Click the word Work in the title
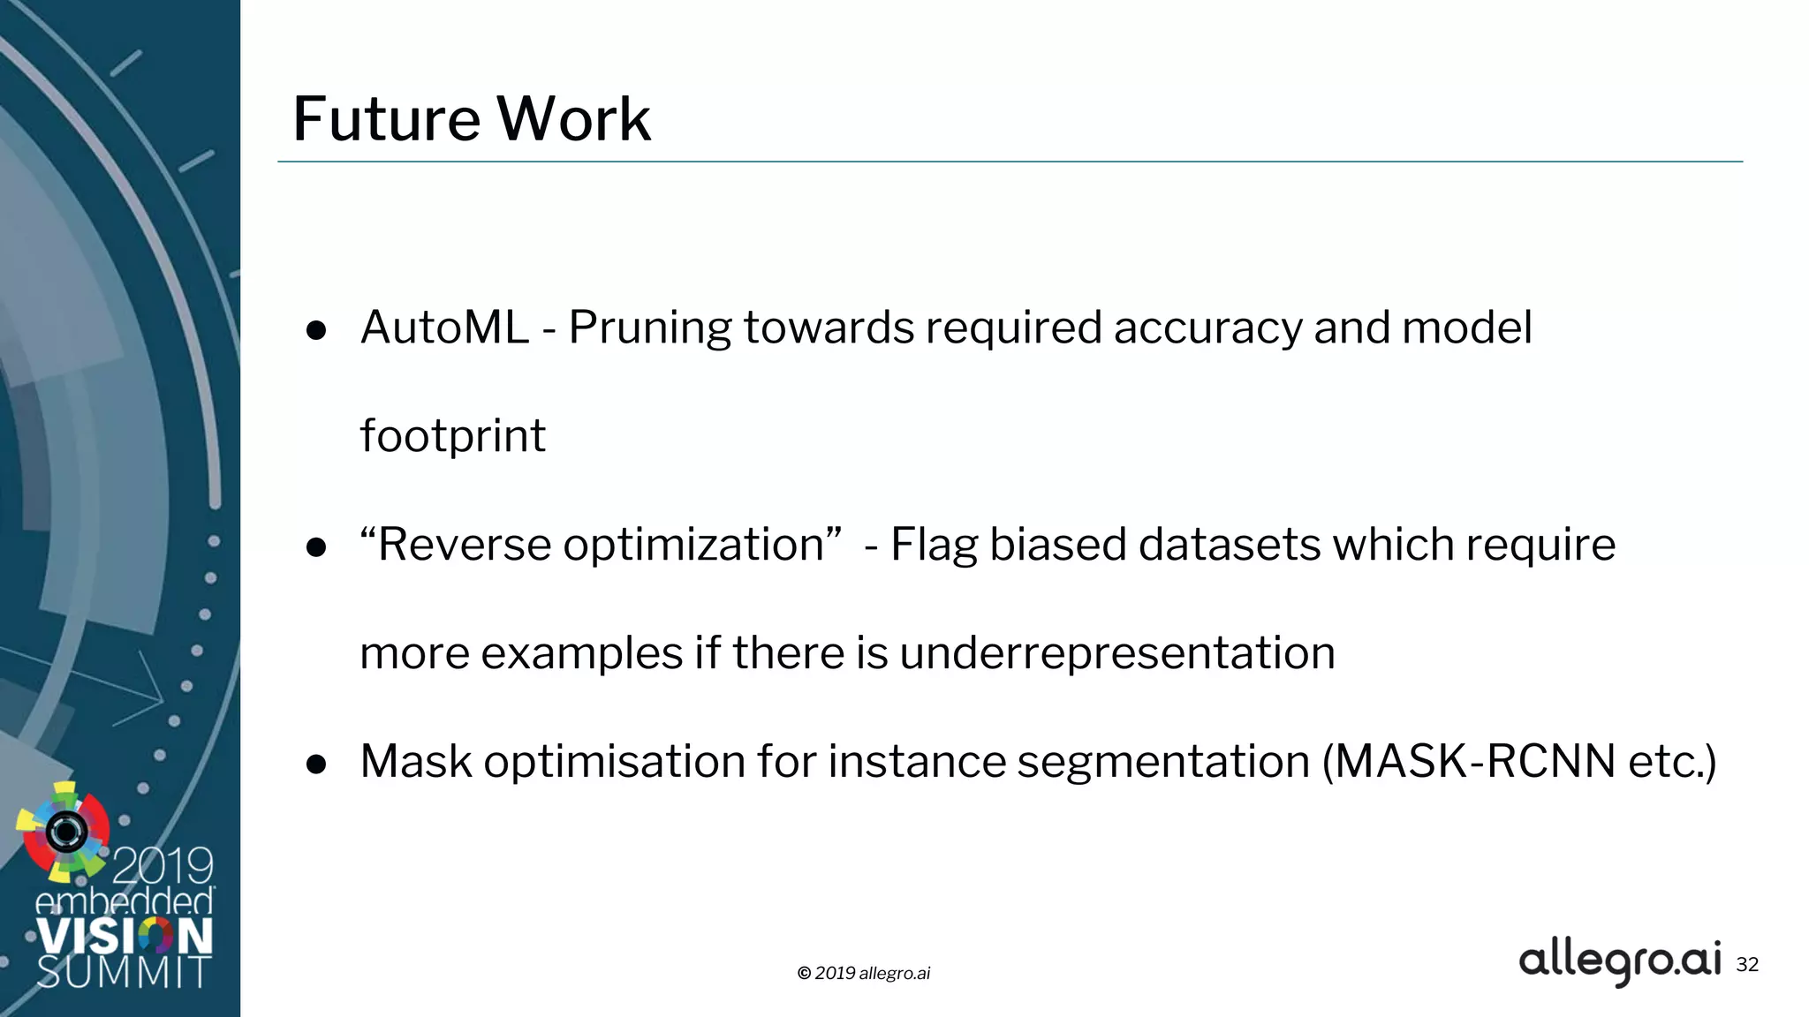[573, 119]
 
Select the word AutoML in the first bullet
[444, 328]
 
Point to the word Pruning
[649, 328]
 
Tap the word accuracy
[1207, 328]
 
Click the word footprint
[452, 436]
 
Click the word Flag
[934, 546]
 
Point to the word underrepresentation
[1117, 654]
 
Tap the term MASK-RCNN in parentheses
[1474, 761]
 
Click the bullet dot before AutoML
[316, 331]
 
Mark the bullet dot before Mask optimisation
[316, 765]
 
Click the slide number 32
[1747, 965]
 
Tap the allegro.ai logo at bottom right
[1620, 961]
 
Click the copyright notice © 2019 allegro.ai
[864, 973]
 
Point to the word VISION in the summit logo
[125, 937]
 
